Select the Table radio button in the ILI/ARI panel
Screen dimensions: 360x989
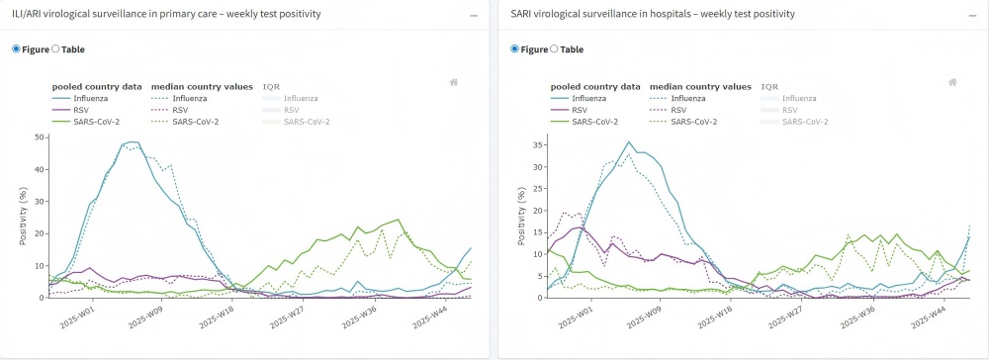coord(55,49)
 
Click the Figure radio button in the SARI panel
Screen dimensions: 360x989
coord(514,49)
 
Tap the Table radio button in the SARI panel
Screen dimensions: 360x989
coord(555,49)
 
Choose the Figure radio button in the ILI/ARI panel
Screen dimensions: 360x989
coord(15,49)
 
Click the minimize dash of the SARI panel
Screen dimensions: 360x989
coord(972,16)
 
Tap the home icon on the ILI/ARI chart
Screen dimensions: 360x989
coord(453,83)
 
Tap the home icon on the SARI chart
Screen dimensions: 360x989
coord(952,83)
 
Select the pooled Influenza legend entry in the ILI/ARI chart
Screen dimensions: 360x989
coord(84,98)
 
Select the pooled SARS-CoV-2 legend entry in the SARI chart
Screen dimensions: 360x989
coord(588,122)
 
